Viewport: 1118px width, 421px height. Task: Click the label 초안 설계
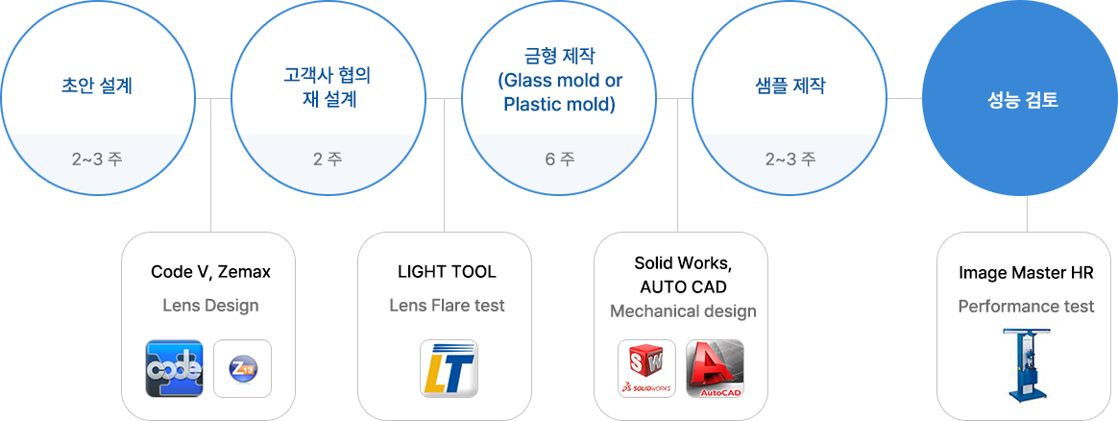(97, 86)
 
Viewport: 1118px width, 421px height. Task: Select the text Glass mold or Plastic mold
(560, 92)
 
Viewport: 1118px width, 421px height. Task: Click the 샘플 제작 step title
(790, 86)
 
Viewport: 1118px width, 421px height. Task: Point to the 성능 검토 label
(1023, 99)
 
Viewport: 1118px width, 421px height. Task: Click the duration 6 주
(560, 159)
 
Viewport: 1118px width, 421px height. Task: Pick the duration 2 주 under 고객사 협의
(328, 159)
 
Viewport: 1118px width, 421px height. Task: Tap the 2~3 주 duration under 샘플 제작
(790, 159)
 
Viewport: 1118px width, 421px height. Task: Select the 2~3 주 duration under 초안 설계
(97, 159)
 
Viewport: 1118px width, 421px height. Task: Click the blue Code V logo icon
(174, 368)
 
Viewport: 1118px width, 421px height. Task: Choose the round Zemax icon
(242, 368)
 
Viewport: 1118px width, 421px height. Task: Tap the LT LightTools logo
(448, 368)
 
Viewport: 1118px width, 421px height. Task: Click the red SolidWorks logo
(646, 368)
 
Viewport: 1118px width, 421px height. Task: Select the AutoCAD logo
(715, 368)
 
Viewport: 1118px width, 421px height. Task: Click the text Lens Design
(210, 306)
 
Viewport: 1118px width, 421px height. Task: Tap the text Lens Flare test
(447, 306)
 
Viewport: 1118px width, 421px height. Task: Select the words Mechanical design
(683, 311)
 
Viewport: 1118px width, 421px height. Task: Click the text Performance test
(1026, 307)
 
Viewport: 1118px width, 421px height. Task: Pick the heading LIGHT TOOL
(447, 272)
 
